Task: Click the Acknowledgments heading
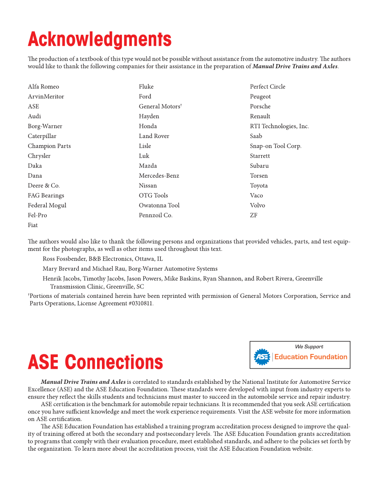click(x=99, y=40)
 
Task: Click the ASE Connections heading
click(x=95, y=362)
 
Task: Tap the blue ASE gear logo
click(x=262, y=357)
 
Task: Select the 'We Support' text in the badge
click(x=309, y=346)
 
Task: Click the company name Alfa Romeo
click(x=43, y=86)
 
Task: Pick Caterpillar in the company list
click(x=42, y=136)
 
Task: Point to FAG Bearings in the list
click(x=46, y=195)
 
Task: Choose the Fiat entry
click(x=33, y=225)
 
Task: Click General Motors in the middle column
click(x=159, y=106)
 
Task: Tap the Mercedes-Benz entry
click(x=159, y=175)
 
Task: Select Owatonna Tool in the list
click(x=159, y=205)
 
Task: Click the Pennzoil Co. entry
click(x=155, y=215)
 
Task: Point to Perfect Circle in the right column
click(x=268, y=86)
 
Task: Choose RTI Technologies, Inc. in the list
click(x=279, y=126)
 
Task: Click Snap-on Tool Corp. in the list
click(x=276, y=146)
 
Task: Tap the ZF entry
click(x=253, y=215)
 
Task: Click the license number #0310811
click(x=138, y=304)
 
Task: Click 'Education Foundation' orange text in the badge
click(x=310, y=357)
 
